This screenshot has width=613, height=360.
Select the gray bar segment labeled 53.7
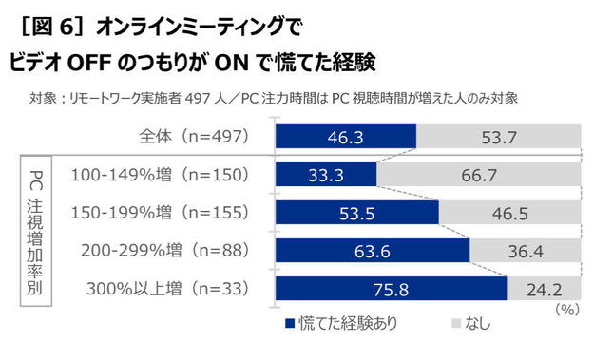(x=498, y=138)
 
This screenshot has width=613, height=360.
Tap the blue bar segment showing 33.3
(x=326, y=176)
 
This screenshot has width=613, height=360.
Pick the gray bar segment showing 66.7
(x=478, y=176)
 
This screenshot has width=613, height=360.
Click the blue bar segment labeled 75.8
(x=391, y=287)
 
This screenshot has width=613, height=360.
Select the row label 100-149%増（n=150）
(x=160, y=176)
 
